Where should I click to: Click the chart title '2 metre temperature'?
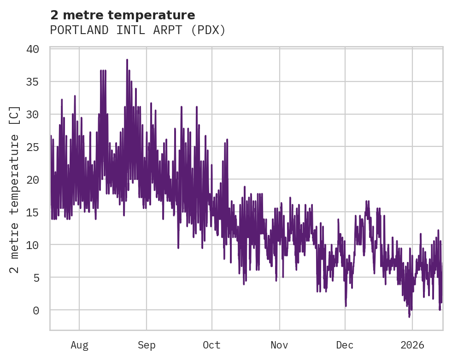tap(123, 15)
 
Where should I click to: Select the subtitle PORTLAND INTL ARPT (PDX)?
tap(138, 30)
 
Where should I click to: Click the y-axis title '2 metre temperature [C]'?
tap(15, 189)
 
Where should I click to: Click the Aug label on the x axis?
tap(79, 345)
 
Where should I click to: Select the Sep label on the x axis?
tap(147, 345)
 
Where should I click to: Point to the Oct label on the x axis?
tap(212, 345)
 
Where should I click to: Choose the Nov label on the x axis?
tap(279, 345)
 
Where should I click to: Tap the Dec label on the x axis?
tap(345, 345)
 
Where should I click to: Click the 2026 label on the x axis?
tap(412, 345)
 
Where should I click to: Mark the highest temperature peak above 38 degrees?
tap(127, 59)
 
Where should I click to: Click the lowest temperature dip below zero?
tap(409, 317)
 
